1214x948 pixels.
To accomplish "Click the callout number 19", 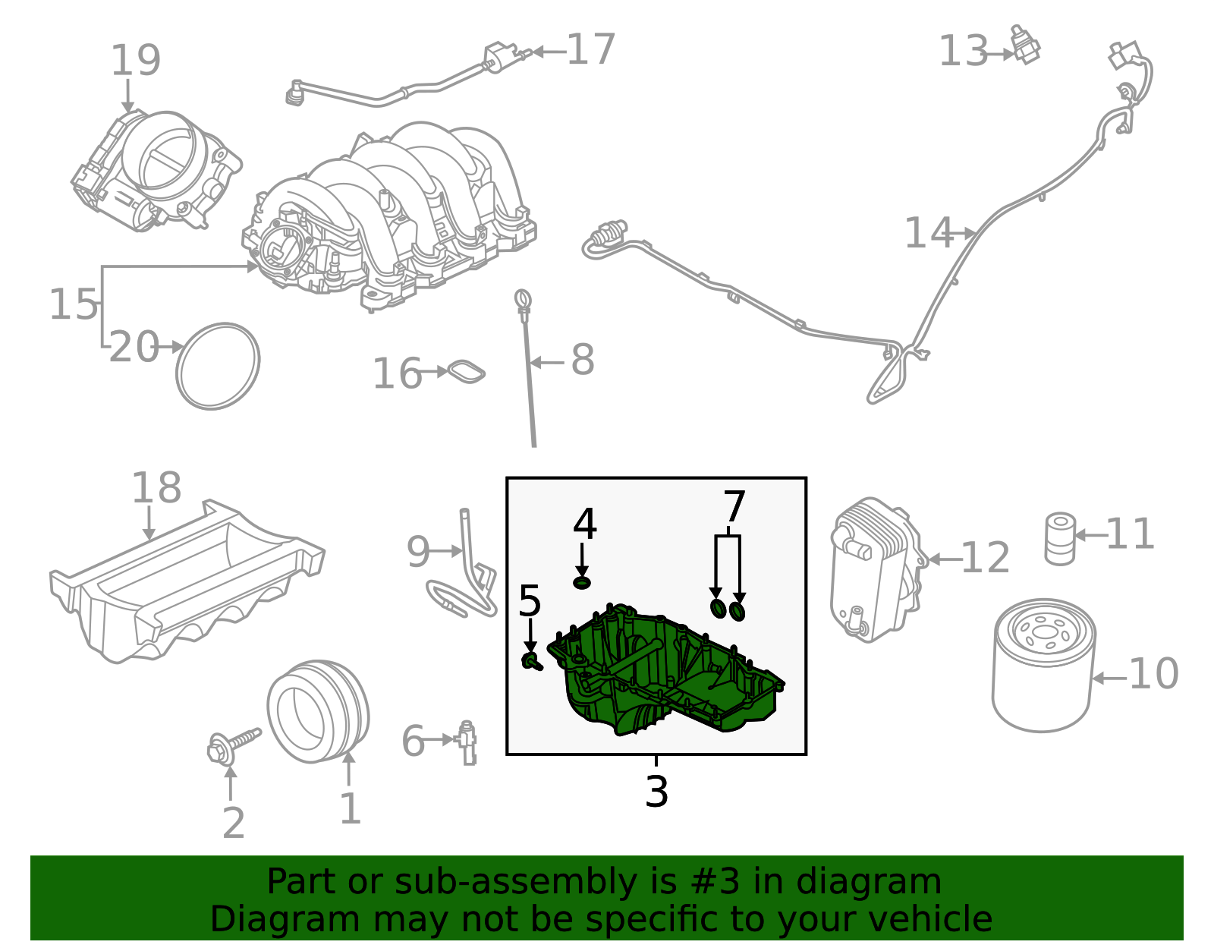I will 136,61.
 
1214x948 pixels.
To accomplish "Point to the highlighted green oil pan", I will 668,676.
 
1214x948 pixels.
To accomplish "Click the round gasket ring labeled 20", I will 218,366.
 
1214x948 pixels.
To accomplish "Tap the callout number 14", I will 928,233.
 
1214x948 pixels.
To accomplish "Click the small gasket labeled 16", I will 466,372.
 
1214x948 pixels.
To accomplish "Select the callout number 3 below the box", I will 656,792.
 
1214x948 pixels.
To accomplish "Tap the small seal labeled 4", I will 582,582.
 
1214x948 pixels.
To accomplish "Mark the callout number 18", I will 156,488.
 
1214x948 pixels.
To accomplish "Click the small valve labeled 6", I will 467,742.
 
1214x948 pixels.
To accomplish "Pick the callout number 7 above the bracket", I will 734,506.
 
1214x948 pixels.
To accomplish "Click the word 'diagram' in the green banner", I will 885,882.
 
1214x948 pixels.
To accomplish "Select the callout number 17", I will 590,50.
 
